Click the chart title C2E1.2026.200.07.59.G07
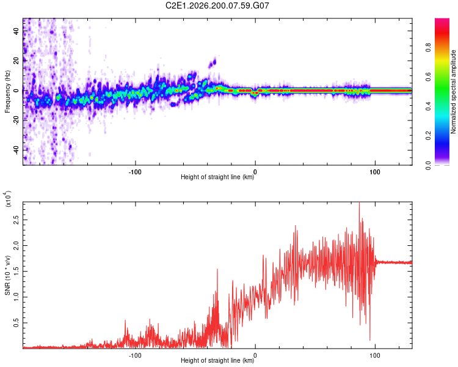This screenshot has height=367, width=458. tap(217, 6)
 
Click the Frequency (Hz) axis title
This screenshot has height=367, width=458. tap(7, 91)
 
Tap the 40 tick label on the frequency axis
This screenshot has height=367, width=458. tap(16, 31)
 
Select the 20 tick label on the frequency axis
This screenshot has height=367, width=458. tap(16, 61)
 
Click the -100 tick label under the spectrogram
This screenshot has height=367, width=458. tap(135, 172)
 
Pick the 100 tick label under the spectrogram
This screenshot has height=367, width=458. tap(375, 172)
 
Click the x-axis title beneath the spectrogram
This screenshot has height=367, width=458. tap(217, 177)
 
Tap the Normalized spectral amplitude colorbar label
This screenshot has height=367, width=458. tap(453, 92)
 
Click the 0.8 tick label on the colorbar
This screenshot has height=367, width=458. tap(428, 47)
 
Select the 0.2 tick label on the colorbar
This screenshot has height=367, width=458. tap(428, 136)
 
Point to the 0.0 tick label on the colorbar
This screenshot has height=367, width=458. tap(428, 165)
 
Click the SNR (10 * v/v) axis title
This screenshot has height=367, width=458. tap(7, 275)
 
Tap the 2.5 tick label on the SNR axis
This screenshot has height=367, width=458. tap(16, 220)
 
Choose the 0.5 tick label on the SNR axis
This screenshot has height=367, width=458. tap(16, 323)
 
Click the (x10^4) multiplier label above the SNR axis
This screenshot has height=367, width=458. tap(8, 199)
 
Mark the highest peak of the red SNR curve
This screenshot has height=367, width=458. tap(359, 202)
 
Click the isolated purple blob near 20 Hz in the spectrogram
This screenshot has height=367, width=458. tap(213, 63)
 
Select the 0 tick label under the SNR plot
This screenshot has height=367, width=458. tap(255, 355)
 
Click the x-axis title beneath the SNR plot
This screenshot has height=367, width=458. tap(217, 360)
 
